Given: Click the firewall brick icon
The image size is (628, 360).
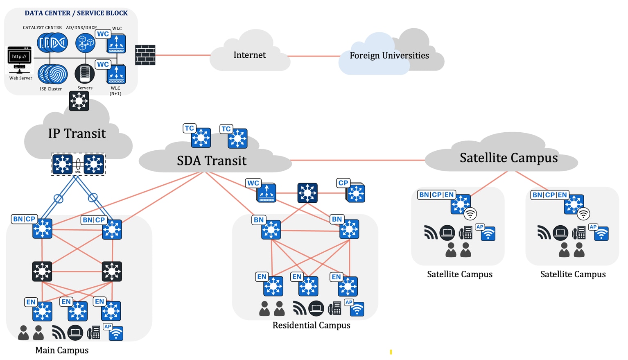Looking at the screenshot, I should coord(145,55).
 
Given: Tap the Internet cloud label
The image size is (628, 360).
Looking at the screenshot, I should coord(249,55).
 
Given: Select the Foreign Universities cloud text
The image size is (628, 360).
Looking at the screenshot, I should coord(389,55).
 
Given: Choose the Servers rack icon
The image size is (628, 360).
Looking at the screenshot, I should coord(85,74).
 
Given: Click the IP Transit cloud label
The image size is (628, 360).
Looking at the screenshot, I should coord(77,134).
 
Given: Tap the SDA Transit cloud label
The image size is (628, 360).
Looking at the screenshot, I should coord(212,161).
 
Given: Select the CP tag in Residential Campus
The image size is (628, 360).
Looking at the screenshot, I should coord(343,183).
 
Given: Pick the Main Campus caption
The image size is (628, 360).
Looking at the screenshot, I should coord(62,350).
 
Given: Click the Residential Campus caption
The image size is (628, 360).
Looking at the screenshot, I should coord(311,325).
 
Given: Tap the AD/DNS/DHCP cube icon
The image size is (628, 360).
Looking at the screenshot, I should coord(85,43).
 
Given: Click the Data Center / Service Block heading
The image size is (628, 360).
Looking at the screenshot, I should coord(76,13).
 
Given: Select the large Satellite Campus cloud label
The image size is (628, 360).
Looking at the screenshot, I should coord(508,158).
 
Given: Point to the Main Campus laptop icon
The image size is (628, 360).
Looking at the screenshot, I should coord(75,332).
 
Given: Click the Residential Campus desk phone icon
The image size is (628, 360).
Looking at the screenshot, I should coord(335,308).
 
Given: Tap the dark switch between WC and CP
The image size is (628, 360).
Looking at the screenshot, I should coord(307,193).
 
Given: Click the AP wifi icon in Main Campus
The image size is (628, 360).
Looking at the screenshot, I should coord(116,333).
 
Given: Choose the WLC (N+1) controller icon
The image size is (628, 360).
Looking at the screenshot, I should coord(116,74).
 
